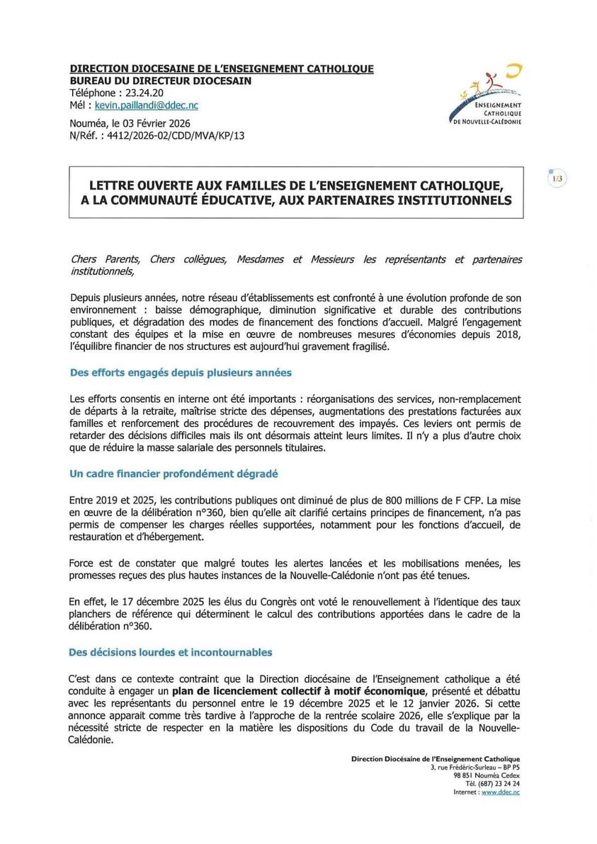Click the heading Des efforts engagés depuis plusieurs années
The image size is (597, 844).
pyautogui.click(x=181, y=372)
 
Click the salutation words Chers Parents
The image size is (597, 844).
pyautogui.click(x=101, y=260)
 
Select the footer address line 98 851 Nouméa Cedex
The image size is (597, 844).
pyautogui.click(x=487, y=775)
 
